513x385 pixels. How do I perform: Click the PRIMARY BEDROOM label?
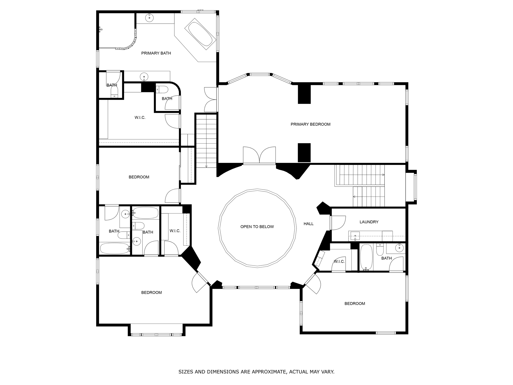click(x=310, y=124)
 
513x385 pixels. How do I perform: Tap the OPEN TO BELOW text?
click(x=257, y=227)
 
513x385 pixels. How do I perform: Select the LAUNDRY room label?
click(x=369, y=222)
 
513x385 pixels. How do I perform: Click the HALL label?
click(x=308, y=224)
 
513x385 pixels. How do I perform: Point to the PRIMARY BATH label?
click(x=156, y=53)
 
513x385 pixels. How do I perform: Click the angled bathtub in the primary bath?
click(x=200, y=34)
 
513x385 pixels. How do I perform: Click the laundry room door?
click(x=338, y=223)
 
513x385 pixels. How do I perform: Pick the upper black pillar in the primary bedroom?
click(x=304, y=94)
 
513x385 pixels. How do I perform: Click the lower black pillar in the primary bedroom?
click(x=304, y=152)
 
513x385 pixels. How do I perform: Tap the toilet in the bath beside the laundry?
click(x=380, y=249)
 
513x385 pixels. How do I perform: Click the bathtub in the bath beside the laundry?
click(x=366, y=257)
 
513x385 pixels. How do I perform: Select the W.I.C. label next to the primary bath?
click(x=140, y=118)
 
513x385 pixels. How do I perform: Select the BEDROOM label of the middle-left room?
click(x=139, y=177)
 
